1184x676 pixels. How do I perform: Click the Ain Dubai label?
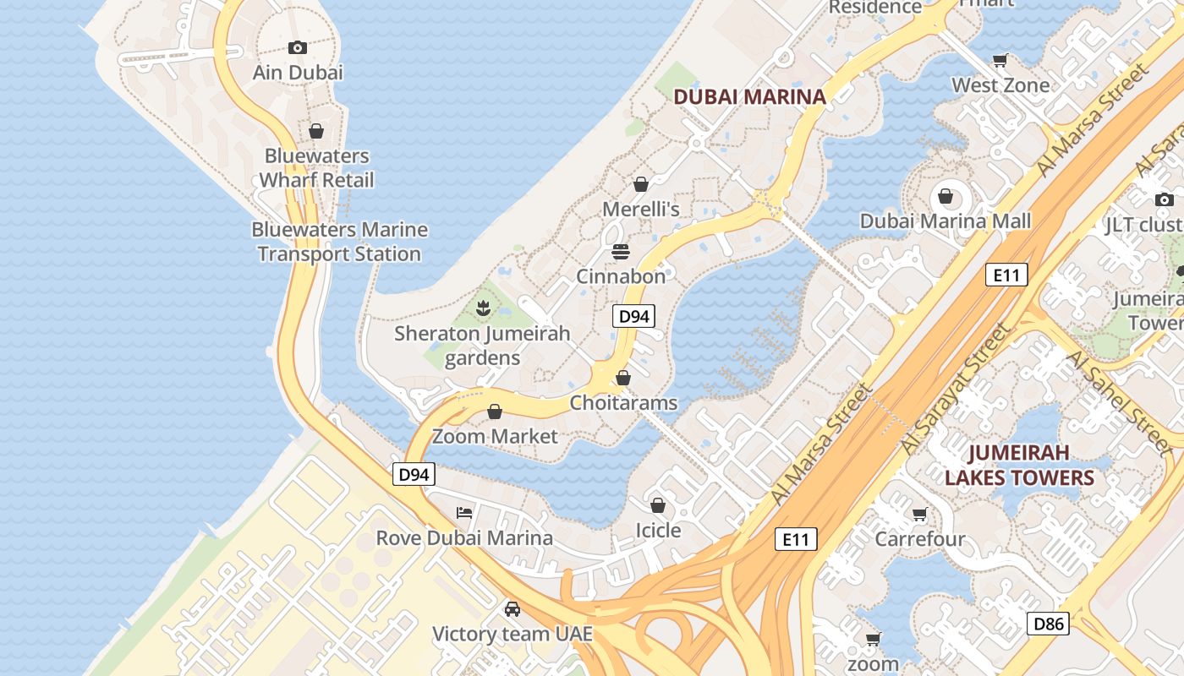[298, 73]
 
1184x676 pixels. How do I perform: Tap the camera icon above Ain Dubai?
[297, 47]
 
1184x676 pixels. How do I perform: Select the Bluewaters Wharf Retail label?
[316, 168]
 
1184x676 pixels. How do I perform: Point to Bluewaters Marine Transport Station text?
[339, 242]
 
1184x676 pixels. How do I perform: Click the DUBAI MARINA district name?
[749, 96]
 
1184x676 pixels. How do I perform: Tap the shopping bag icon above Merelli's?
[641, 184]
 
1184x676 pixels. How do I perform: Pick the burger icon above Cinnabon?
[621, 252]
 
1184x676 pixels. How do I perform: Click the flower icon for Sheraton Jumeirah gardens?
[483, 308]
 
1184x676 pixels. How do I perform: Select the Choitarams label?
[623, 403]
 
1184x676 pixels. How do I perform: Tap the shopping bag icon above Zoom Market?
[495, 412]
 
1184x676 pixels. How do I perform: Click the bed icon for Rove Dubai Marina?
[464, 513]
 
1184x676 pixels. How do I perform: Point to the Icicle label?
[658, 531]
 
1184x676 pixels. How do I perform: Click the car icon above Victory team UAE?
[512, 608]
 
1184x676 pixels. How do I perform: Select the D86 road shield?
[1048, 624]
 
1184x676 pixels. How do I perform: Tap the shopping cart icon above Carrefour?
[920, 514]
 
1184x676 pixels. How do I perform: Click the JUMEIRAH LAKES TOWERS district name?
[1019, 465]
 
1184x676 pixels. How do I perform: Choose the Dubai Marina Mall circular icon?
[946, 197]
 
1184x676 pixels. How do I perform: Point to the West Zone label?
[1000, 85]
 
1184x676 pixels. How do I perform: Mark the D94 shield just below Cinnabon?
[633, 316]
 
